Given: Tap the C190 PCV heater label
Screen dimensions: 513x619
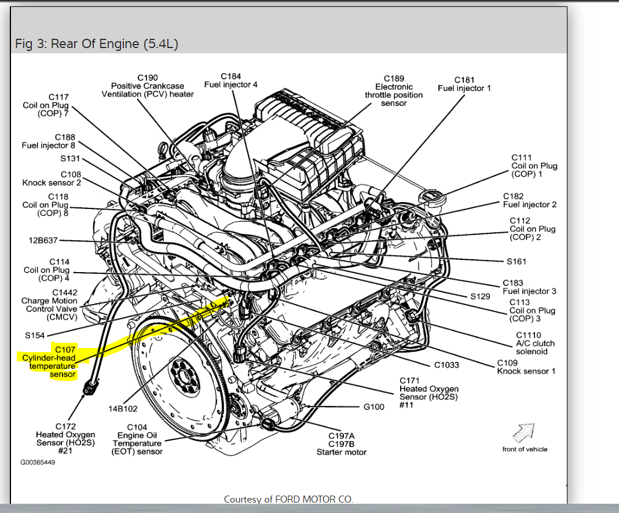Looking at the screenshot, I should [x=148, y=86].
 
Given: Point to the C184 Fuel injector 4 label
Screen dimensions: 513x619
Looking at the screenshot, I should [x=231, y=80].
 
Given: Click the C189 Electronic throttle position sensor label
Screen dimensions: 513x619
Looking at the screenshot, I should [x=394, y=91].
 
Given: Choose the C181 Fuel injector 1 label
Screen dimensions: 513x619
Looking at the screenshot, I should [x=464, y=84].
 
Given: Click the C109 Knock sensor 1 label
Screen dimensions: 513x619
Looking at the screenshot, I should [x=526, y=367].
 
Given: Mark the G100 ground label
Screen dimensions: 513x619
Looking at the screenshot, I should [x=373, y=406].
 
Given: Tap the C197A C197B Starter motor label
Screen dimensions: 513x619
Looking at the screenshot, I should [x=342, y=444].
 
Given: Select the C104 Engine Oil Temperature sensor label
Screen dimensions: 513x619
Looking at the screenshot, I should [x=137, y=439].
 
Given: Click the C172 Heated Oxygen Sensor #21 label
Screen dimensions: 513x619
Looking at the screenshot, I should [x=65, y=438].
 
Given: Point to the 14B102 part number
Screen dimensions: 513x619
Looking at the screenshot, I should [x=123, y=409].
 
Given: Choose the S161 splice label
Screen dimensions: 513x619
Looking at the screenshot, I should [x=517, y=261].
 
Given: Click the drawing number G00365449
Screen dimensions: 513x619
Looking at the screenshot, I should [x=38, y=462].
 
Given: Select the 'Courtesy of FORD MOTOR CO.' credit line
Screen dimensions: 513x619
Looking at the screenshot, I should [x=288, y=499].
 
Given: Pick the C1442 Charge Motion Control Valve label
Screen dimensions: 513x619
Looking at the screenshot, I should [x=49, y=305].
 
